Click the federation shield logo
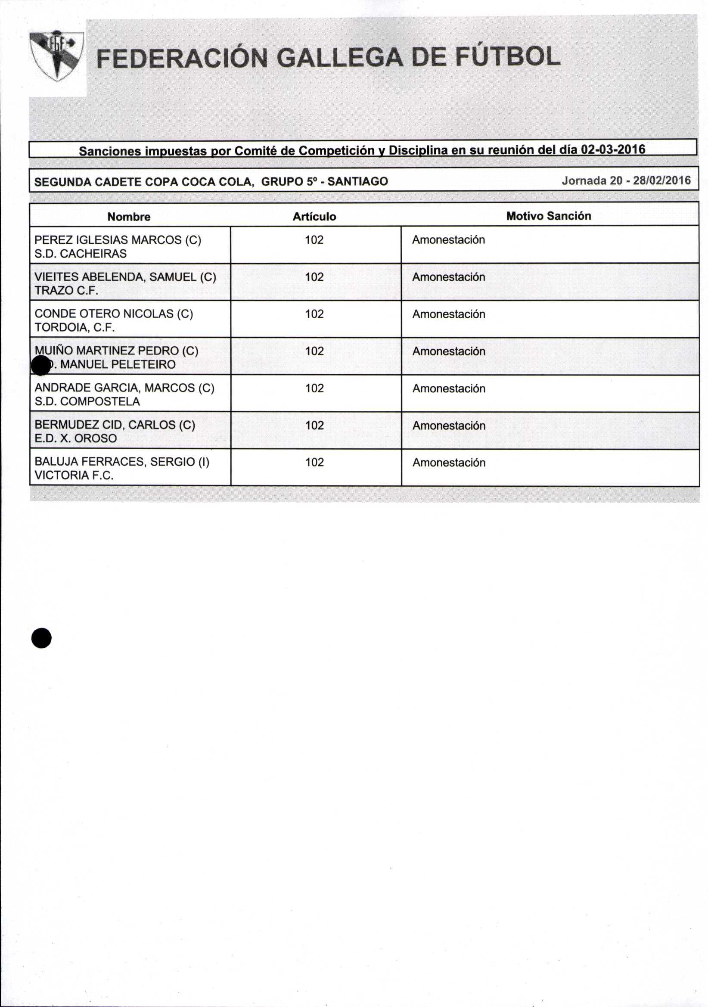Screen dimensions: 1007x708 click(x=56, y=56)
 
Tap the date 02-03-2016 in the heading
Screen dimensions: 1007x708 click(x=613, y=149)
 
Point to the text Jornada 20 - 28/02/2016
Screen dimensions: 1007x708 click(x=626, y=180)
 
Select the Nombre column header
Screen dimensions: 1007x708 click(x=129, y=217)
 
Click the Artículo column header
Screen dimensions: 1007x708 click(x=314, y=217)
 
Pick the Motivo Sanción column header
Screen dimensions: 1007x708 click(x=548, y=216)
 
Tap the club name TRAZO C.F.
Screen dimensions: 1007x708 click(x=66, y=290)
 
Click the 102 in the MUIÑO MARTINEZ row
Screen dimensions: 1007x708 click(x=314, y=351)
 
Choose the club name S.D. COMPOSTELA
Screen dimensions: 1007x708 click(x=87, y=401)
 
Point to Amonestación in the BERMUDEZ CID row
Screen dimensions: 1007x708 click(x=449, y=426)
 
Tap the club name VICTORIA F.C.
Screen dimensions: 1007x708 click(x=74, y=476)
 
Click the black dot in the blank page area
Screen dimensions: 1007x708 click(x=41, y=638)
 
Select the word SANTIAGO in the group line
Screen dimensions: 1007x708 click(x=357, y=181)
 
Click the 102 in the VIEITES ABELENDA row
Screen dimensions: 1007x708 click(x=314, y=277)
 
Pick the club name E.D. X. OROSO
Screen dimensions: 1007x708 click(x=75, y=438)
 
